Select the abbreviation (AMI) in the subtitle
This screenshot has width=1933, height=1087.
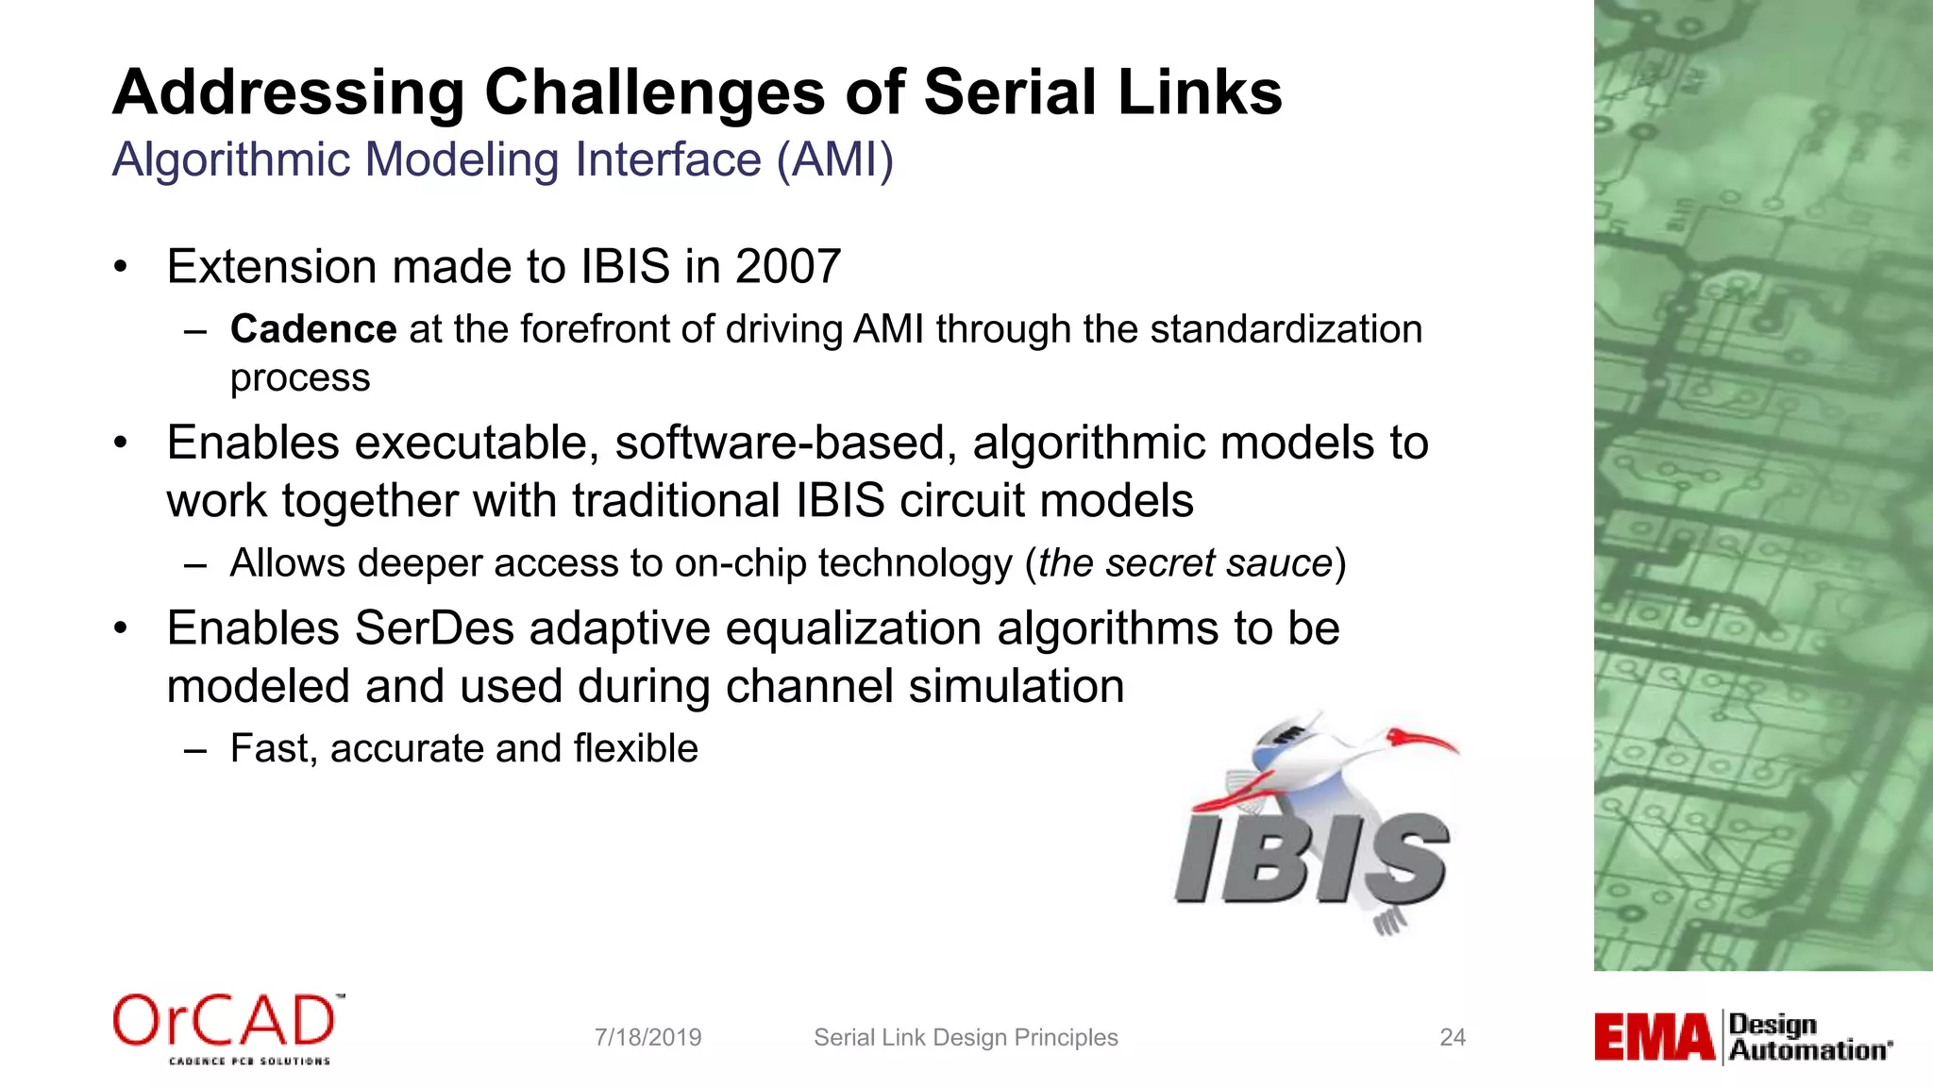click(x=834, y=159)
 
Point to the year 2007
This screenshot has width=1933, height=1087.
click(x=788, y=267)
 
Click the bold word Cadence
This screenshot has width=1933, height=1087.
click(x=313, y=329)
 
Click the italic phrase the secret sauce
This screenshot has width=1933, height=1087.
click(x=1185, y=563)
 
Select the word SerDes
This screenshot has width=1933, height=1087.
click(x=434, y=628)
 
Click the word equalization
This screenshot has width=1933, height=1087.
click(x=853, y=628)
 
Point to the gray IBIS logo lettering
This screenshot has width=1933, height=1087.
click(x=1311, y=859)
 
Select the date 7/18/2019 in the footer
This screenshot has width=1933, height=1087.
click(x=647, y=1038)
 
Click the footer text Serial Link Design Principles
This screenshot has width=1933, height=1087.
click(x=966, y=1038)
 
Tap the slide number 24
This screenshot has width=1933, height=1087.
click(x=1453, y=1038)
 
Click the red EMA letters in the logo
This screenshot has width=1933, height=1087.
click(x=1654, y=1037)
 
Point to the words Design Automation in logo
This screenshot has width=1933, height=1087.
click(x=1808, y=1037)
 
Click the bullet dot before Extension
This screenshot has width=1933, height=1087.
click(x=120, y=267)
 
